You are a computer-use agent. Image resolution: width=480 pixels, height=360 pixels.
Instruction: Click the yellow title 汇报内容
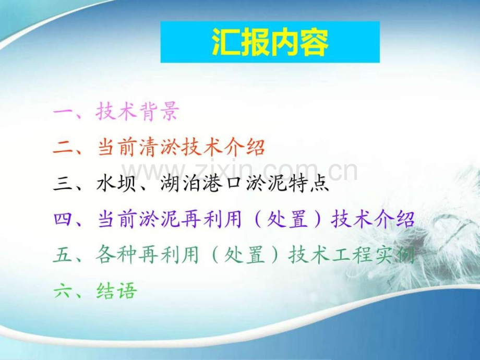coord(270,42)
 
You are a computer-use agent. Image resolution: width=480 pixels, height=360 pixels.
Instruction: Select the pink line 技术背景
coord(137,111)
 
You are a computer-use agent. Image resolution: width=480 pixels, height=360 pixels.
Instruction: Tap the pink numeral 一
coord(63,112)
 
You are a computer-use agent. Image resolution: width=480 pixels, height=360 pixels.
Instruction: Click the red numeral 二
coord(63,148)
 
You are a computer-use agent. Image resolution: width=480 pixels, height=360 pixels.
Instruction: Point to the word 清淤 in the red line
coord(159,147)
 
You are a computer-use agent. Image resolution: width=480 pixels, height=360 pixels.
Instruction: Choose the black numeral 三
coord(63,184)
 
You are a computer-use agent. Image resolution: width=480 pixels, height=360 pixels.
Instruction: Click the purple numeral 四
coord(63,220)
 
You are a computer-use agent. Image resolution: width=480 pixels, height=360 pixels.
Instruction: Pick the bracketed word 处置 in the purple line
coord(287,219)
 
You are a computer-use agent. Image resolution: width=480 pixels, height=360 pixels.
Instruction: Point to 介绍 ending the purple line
coord(394,219)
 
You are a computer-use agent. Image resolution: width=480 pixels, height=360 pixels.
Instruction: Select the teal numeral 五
coord(63,255)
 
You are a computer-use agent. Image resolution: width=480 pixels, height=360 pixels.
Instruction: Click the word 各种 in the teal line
coord(116,255)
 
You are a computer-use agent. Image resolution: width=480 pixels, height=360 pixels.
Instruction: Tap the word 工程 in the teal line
coord(352,255)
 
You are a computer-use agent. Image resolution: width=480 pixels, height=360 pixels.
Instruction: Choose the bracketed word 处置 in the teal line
coord(244,255)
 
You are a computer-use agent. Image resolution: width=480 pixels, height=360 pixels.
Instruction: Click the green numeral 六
coord(63,291)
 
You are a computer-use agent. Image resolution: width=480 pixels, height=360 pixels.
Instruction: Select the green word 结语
coord(116,291)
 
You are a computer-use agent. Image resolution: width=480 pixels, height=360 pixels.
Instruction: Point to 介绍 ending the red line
coord(244,147)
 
